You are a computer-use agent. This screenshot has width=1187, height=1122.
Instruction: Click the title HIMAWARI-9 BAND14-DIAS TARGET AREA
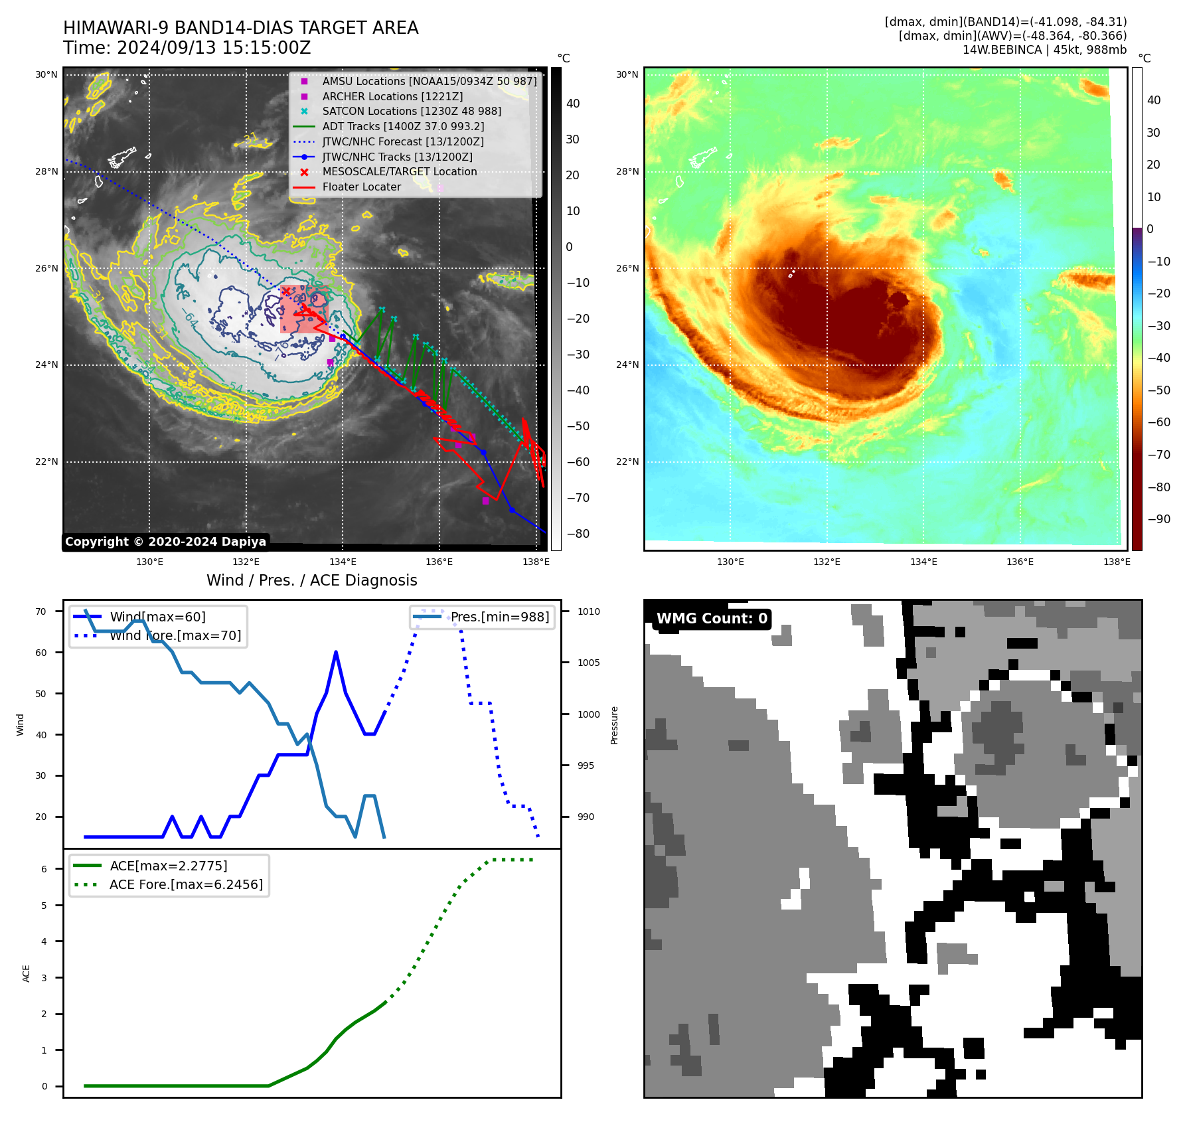[x=240, y=28]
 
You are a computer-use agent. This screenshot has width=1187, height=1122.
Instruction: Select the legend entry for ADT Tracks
[x=403, y=126]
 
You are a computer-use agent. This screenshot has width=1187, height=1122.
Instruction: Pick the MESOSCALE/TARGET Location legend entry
[x=399, y=172]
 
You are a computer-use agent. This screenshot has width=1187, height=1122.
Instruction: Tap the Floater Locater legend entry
[x=361, y=187]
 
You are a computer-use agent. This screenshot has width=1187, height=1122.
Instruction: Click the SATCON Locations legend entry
[x=412, y=112]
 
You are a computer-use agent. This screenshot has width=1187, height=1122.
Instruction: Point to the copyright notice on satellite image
[x=165, y=542]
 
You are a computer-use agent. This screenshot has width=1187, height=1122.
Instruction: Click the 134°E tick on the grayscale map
[x=343, y=562]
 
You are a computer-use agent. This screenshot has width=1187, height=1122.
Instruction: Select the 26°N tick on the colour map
[x=627, y=269]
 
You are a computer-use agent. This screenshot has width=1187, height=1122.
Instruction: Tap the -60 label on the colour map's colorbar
[x=1159, y=422]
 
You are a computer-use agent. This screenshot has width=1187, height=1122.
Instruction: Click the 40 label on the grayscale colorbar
[x=573, y=104]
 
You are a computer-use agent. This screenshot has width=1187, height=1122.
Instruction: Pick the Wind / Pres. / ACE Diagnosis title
[x=312, y=580]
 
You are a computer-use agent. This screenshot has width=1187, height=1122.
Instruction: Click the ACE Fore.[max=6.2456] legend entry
[x=186, y=884]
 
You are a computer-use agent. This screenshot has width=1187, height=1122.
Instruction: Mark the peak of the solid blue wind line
[x=336, y=652]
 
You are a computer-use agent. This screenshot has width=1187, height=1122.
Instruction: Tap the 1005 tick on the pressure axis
[x=588, y=663]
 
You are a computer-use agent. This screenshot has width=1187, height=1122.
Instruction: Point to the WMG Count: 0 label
[x=712, y=619]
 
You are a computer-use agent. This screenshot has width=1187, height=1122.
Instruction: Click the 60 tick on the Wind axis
[x=41, y=653]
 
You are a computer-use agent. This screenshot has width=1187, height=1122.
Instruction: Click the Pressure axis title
[x=615, y=725]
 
